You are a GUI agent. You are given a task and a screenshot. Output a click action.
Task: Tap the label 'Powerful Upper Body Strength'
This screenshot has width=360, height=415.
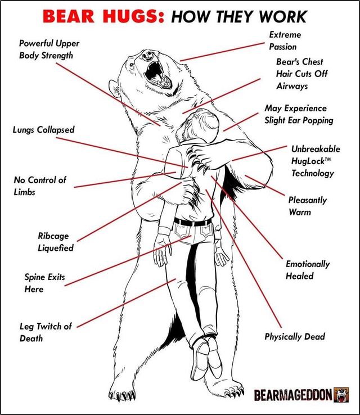click(x=49, y=49)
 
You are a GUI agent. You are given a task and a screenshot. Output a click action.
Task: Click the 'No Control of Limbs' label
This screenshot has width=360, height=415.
click(x=40, y=186)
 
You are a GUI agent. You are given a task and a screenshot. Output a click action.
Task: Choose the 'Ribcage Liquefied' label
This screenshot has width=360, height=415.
click(x=56, y=241)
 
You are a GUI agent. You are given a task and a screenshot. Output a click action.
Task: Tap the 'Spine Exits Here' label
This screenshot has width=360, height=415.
click(x=45, y=282)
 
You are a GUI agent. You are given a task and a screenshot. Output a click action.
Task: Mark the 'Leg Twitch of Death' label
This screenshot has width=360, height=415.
click(x=46, y=332)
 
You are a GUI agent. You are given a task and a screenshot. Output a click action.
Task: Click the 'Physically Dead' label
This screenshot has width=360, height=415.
click(x=295, y=336)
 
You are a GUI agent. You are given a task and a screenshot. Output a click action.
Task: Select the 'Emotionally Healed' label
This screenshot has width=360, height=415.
click(x=307, y=269)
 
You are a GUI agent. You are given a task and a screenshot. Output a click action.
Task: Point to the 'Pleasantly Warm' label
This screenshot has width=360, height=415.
click(x=307, y=205)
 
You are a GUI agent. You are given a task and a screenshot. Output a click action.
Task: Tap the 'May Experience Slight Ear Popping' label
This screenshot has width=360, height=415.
click(x=299, y=114)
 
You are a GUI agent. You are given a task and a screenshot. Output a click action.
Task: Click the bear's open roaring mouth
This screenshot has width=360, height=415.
click(x=156, y=73)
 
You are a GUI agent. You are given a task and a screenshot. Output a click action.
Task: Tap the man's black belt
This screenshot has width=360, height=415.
click(x=192, y=222)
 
